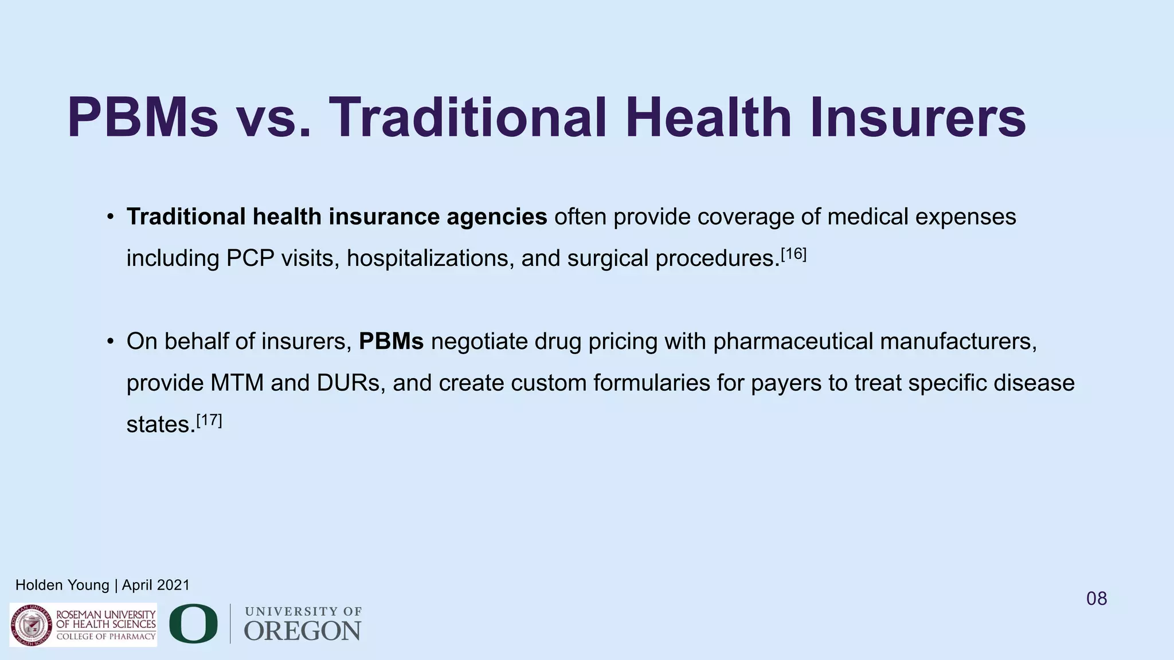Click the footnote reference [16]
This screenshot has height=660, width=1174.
pos(793,254)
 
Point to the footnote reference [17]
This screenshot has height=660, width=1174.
pos(209,420)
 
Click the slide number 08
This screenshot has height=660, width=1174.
pos(1097,599)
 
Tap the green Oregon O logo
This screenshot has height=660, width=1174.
pos(193,623)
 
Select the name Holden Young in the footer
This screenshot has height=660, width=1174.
pos(62,585)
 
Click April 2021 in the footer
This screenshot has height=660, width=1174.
pos(155,585)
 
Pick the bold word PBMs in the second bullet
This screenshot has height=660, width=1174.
pos(391,341)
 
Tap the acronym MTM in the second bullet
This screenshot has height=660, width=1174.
pos(237,383)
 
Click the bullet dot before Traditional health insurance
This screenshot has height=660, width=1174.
pos(110,218)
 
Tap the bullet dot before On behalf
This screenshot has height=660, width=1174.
pos(110,342)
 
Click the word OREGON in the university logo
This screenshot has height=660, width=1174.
pos(303,631)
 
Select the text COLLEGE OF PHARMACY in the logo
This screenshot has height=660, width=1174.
pos(105,637)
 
